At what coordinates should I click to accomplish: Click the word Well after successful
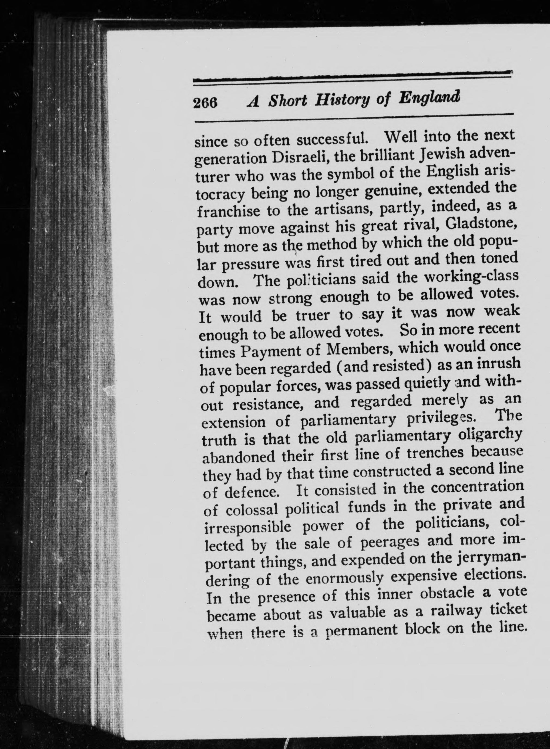(403, 137)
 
